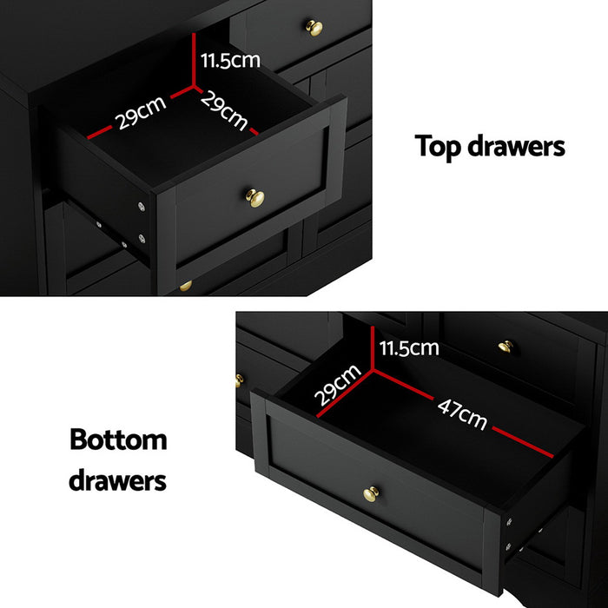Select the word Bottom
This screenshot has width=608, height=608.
pyautogui.click(x=118, y=439)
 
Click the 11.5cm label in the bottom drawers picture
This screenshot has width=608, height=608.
pyautogui.click(x=411, y=348)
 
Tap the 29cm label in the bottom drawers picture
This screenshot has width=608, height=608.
pyautogui.click(x=338, y=384)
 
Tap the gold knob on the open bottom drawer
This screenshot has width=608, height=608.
pyautogui.click(x=372, y=494)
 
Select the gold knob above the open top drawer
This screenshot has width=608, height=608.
pyautogui.click(x=314, y=28)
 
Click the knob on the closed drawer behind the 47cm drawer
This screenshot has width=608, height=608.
pyautogui.click(x=506, y=346)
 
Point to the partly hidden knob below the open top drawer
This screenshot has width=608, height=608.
pyautogui.click(x=185, y=285)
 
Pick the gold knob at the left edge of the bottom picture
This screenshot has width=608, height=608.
pyautogui.click(x=239, y=380)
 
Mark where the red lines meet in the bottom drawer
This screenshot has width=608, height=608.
pyautogui.click(x=373, y=368)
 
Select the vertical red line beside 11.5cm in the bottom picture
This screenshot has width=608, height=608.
pyautogui.click(x=373, y=347)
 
